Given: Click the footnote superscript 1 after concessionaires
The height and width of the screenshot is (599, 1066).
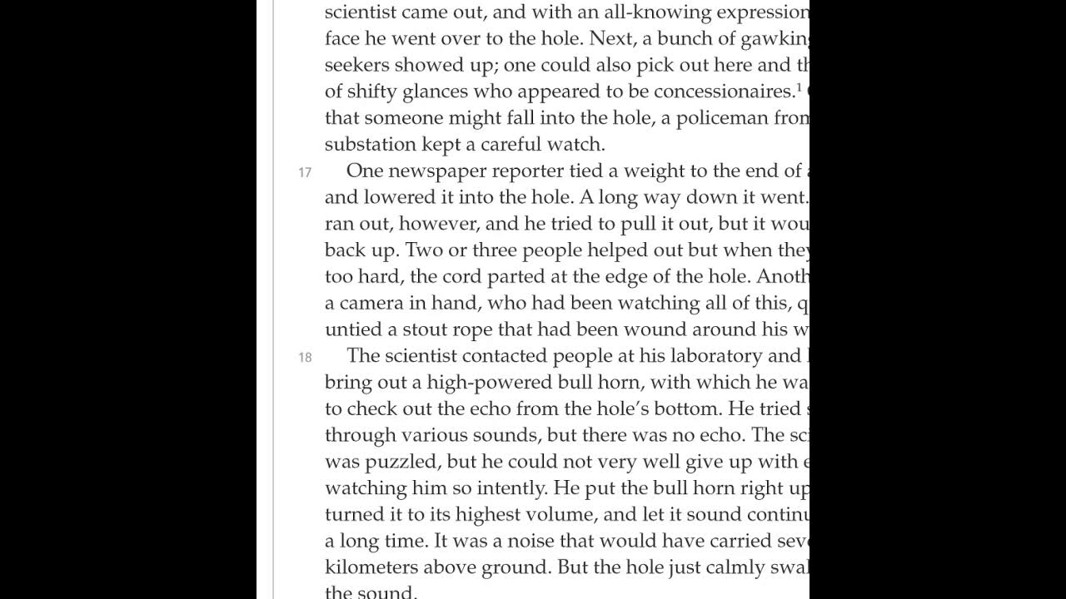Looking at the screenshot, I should pyautogui.click(x=799, y=87).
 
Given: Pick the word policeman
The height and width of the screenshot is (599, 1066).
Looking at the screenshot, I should pyautogui.click(x=722, y=118).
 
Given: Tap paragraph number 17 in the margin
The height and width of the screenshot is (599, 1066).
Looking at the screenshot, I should pyautogui.click(x=305, y=172).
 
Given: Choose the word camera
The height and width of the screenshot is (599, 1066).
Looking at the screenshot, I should pyautogui.click(x=372, y=303).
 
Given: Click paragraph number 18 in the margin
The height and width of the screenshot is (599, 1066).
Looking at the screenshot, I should pyautogui.click(x=305, y=357).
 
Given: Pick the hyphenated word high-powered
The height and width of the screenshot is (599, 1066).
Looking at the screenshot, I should pyautogui.click(x=490, y=383).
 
